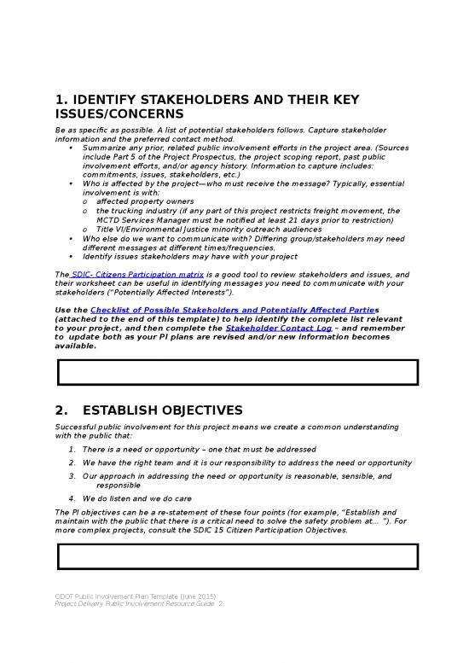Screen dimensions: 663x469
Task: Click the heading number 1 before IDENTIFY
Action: click(x=61, y=98)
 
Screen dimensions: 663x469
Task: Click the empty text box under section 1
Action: click(x=237, y=373)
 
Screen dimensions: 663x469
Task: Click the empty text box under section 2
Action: click(x=237, y=556)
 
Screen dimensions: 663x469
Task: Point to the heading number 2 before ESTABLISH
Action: click(x=61, y=410)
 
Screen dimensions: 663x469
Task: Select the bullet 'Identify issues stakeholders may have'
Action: click(x=190, y=256)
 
